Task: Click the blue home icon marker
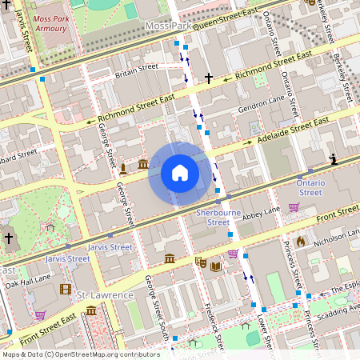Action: [179, 173]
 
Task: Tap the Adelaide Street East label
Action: [293, 130]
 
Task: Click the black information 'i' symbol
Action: [333, 161]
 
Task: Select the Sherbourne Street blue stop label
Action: [213, 218]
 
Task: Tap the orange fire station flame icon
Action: [301, 241]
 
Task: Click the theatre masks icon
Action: [201, 262]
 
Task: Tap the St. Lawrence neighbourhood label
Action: [105, 295]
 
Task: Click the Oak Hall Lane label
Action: [29, 278]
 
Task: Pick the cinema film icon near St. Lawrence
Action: [66, 289]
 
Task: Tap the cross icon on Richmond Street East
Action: [209, 78]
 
